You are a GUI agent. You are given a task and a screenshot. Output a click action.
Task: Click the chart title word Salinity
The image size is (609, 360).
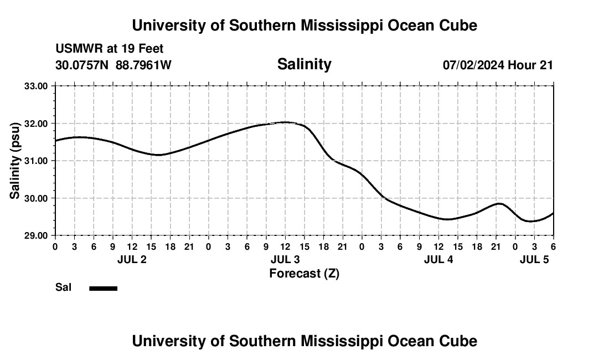pyautogui.click(x=304, y=64)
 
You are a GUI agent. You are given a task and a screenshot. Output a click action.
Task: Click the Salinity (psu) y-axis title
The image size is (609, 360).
pyautogui.click(x=15, y=161)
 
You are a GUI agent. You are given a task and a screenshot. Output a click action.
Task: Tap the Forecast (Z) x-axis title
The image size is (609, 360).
pyautogui.click(x=304, y=273)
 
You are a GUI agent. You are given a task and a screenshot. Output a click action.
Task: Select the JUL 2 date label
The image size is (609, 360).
pyautogui.click(x=132, y=260)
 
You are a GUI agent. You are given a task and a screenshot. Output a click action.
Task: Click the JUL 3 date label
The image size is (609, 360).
pyautogui.click(x=285, y=260)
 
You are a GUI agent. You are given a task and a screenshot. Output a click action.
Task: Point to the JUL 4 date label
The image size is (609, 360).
pyautogui.click(x=438, y=260)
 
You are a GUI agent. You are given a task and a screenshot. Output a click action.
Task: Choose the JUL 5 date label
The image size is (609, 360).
pyautogui.click(x=534, y=260)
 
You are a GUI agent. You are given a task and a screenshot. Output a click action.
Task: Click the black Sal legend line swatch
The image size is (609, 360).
pyautogui.click(x=104, y=288)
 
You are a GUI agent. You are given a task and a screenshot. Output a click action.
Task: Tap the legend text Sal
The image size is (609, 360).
pyautogui.click(x=64, y=287)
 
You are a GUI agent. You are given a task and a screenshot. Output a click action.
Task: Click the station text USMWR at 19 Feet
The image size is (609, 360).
pyautogui.click(x=110, y=49)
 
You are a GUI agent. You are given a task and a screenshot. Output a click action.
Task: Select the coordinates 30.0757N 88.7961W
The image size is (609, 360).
pyautogui.click(x=113, y=65)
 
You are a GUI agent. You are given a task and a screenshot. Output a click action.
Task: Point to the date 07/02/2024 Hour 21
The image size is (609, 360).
pyautogui.click(x=498, y=65)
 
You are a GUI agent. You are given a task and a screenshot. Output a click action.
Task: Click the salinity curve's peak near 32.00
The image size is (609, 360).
pyautogui.click(x=285, y=122)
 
